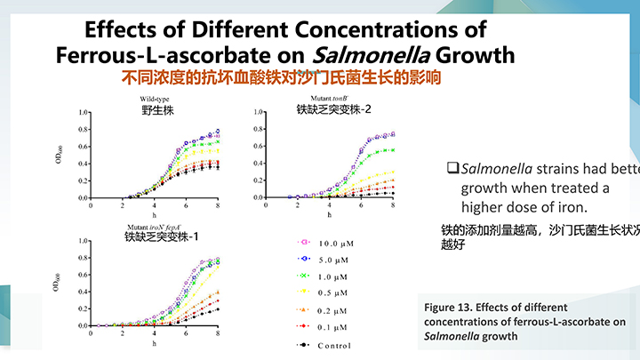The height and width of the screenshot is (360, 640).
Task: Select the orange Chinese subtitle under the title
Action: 281,77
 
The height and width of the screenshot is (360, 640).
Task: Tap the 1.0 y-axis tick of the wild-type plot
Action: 83,113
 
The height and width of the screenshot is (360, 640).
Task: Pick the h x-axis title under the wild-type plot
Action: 154,214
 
